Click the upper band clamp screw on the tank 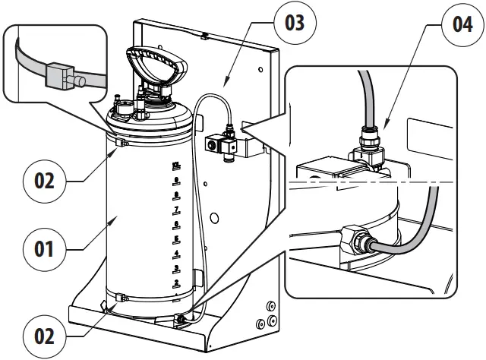(x=118, y=142)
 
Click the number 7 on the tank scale (x=176, y=209)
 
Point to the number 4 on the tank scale (x=176, y=253)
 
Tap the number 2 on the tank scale (x=176, y=283)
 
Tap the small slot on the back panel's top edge (x=205, y=34)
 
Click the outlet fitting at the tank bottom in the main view (x=182, y=320)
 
